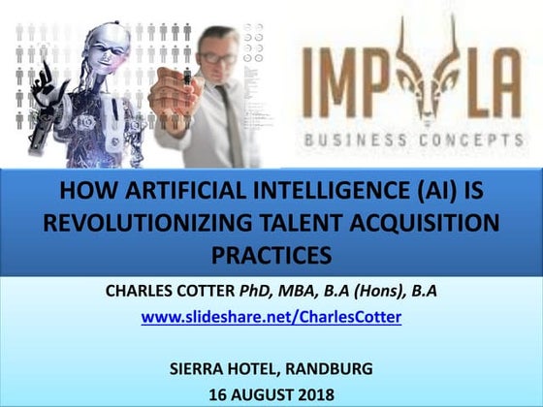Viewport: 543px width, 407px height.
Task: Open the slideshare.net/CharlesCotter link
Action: click(271, 316)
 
